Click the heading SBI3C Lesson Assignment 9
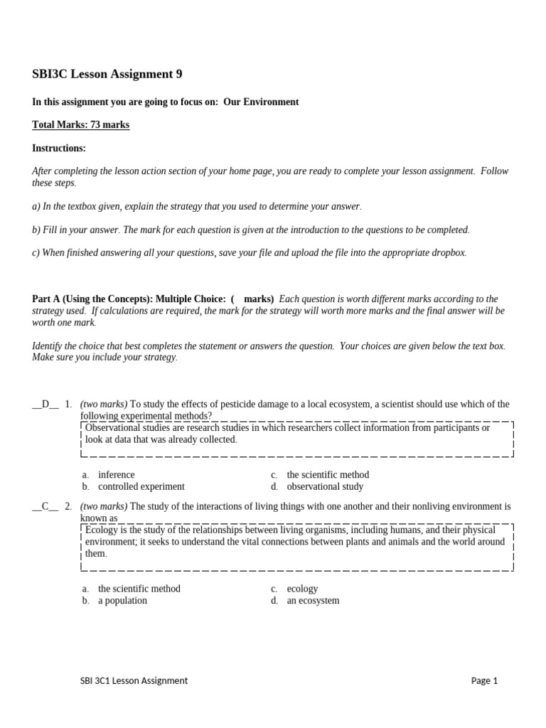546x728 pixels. click(x=102, y=74)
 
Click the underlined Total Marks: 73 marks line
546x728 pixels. click(x=80, y=125)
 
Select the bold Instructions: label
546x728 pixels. click(x=59, y=149)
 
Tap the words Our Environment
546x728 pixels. click(x=261, y=102)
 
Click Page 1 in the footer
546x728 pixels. click(x=484, y=680)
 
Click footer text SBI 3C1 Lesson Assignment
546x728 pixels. click(x=134, y=680)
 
